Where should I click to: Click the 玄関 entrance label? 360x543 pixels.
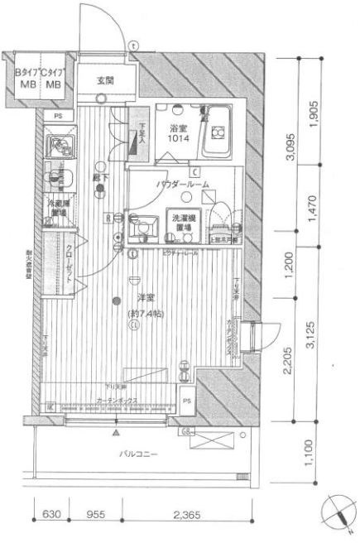[x=104, y=80]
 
